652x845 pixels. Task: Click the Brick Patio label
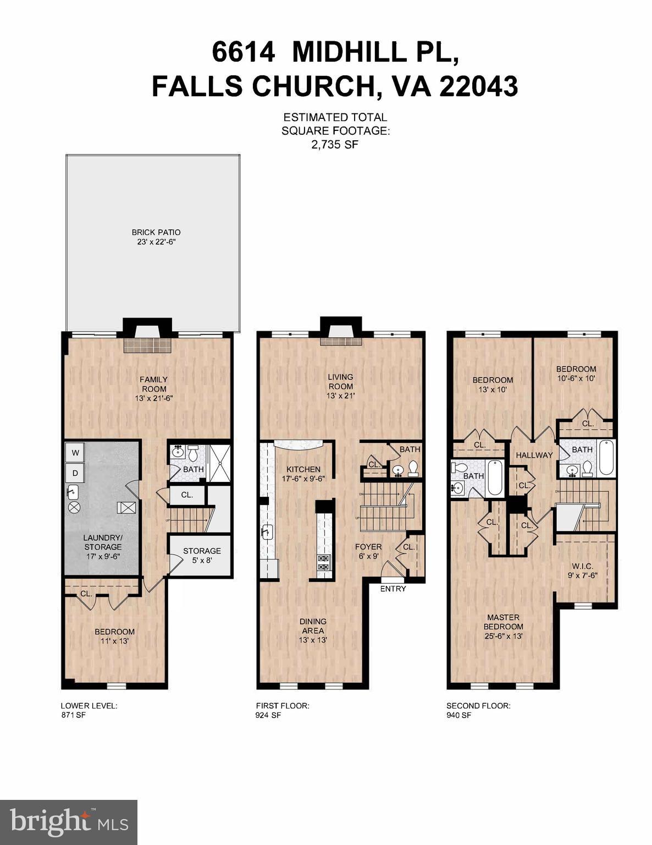pos(156,237)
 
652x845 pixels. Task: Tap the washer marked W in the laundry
pos(75,453)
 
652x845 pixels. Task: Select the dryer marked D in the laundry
pos(75,473)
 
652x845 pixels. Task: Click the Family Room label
pos(153,388)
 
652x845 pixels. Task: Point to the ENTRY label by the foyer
pos(393,589)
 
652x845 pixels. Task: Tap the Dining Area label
pos(313,630)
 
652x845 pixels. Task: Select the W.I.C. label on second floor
pos(582,570)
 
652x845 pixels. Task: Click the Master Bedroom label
pos(503,626)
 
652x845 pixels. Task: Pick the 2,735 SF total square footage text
pos(335,145)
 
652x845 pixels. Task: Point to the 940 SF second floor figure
pos(458,716)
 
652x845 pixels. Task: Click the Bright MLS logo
pos(69,822)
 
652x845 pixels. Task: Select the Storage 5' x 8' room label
pos(202,555)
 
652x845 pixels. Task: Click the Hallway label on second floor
pos(534,455)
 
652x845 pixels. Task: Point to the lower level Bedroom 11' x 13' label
pos(114,636)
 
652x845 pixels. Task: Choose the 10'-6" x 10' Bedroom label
pos(576,374)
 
